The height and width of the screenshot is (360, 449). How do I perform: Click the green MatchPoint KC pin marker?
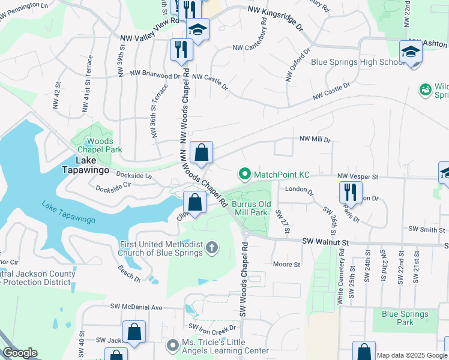(x=244, y=175)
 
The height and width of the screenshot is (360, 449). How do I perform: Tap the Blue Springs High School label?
(x=358, y=62)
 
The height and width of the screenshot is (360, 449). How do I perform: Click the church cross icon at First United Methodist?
(x=211, y=247)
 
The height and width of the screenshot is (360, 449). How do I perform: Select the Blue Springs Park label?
(x=405, y=317)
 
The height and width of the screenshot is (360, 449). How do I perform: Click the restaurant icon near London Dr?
(x=351, y=192)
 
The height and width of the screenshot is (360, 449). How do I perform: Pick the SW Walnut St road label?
(x=325, y=241)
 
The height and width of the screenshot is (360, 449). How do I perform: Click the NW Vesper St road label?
(x=357, y=176)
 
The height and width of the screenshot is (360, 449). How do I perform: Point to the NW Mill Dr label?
(x=315, y=139)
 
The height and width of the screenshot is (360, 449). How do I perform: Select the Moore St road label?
(x=286, y=264)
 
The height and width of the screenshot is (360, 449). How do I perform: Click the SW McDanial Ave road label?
(x=136, y=307)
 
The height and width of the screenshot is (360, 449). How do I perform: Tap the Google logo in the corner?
(x=20, y=353)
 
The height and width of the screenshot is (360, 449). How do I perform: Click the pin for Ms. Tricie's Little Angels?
(x=173, y=346)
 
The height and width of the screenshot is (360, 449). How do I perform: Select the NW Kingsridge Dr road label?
(x=277, y=17)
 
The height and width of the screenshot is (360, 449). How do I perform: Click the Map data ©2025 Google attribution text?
(x=411, y=355)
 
